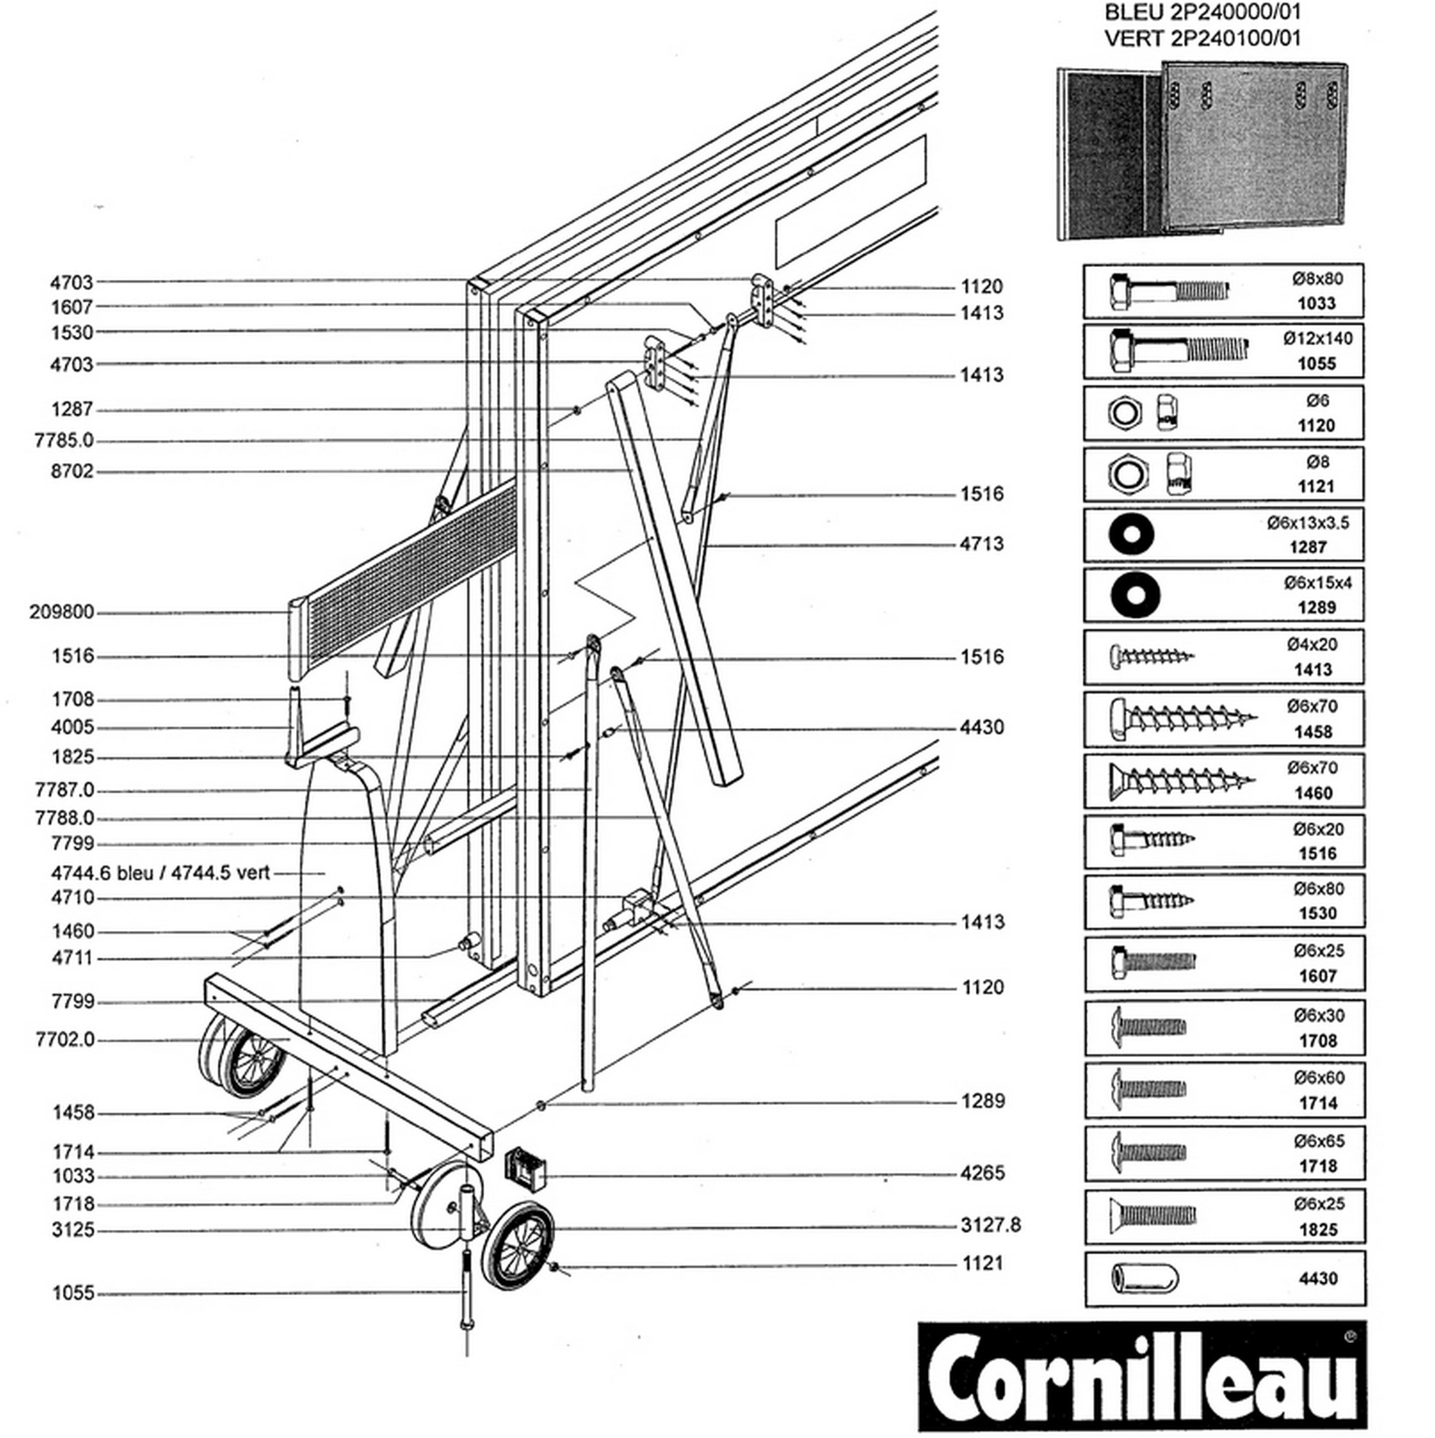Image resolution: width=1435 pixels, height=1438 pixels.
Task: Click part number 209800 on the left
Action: click(62, 612)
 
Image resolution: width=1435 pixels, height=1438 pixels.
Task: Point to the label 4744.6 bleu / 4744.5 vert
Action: click(160, 872)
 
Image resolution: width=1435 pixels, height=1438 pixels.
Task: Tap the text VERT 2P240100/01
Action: click(1203, 38)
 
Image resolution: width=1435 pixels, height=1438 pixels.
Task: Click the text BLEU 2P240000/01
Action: click(1203, 13)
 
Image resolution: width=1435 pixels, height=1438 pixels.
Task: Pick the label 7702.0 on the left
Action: click(65, 1040)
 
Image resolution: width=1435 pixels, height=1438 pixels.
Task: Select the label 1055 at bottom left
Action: click(73, 1294)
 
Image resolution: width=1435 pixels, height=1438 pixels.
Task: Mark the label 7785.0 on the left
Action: click(65, 440)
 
